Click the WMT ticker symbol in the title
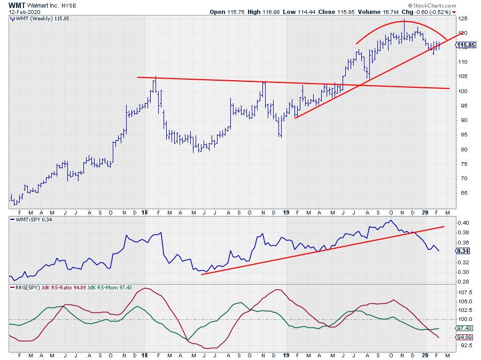(x=17, y=4)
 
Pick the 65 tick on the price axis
(x=462, y=193)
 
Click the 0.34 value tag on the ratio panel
(x=463, y=251)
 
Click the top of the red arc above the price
(x=405, y=21)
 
